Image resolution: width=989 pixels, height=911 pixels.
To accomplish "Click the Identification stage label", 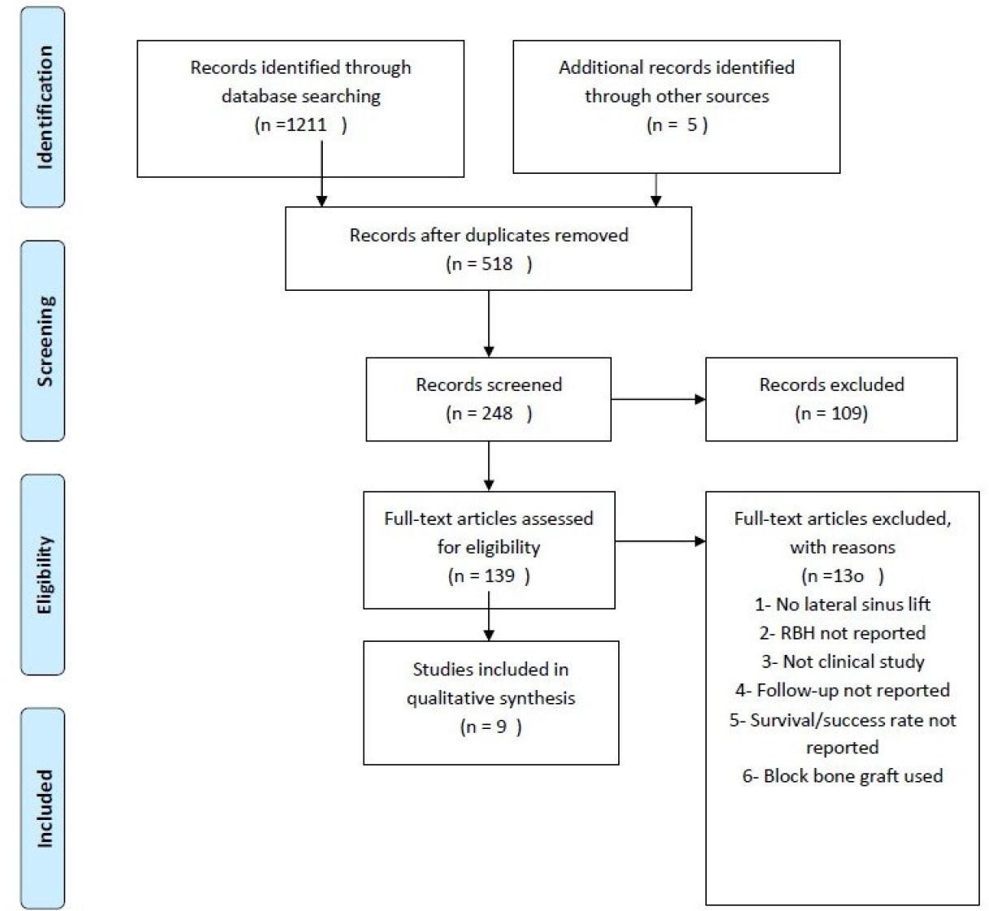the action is pos(44,107).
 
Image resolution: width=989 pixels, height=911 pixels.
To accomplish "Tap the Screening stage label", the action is pos(45,341).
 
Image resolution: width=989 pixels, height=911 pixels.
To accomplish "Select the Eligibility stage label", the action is pos(44,575).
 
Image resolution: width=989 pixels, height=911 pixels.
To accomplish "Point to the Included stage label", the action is pos(44,809).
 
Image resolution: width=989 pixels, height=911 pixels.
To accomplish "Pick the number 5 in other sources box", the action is pos(692,124).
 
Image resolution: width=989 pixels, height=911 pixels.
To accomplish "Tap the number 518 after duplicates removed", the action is pos(497,263).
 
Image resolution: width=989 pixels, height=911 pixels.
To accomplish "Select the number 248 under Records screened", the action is pos(497,413).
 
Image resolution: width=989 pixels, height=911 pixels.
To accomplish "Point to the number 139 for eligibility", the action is pos(499,576).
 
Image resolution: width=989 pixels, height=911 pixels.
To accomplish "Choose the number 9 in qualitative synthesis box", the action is pos(501,727).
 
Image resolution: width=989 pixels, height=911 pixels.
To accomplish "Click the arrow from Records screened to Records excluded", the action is pos(658,399).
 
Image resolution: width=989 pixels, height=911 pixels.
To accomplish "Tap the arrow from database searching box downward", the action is pos(322,174).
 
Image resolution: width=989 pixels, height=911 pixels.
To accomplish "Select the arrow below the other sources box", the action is pos(656,190).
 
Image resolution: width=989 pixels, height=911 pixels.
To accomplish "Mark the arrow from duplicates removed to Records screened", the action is pos(489,324).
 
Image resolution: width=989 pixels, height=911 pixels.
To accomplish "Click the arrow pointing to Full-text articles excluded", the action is pos(660,541).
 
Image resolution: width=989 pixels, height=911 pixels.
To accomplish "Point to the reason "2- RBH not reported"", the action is pos(843,633).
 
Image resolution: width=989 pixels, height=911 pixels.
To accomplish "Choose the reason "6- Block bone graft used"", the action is pos(843,776).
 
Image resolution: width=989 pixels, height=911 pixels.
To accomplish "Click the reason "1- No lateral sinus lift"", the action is pos(843,605).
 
